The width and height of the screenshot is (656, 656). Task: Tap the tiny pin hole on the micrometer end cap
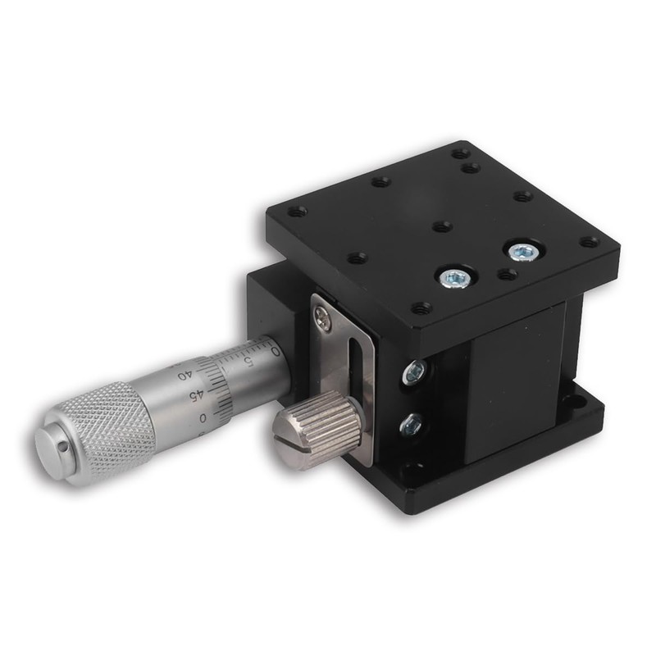coord(63,449)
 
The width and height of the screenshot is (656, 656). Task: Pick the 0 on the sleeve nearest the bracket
coord(275,352)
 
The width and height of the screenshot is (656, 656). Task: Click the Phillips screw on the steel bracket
coord(323,314)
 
